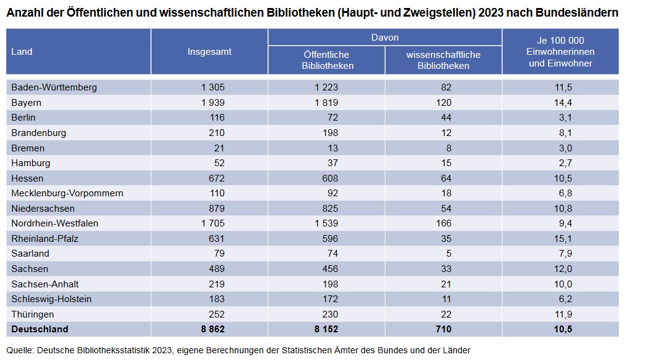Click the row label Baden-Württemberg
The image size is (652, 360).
coord(54,87)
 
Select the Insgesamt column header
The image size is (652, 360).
coord(209,52)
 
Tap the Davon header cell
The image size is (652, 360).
coord(385,38)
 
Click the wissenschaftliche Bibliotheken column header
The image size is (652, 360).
coord(443,60)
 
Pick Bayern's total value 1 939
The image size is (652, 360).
coord(213,102)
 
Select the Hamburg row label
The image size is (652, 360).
coord(31,163)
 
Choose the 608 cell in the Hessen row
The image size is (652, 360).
coord(329,178)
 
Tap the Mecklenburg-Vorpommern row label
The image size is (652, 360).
coord(67,193)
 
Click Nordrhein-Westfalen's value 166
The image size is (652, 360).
coord(443,223)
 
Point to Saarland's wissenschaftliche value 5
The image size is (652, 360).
coord(448,254)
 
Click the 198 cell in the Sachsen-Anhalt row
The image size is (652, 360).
coord(329,284)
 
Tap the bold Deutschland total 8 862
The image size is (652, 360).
coord(212,329)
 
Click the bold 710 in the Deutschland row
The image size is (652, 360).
coord(443,329)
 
